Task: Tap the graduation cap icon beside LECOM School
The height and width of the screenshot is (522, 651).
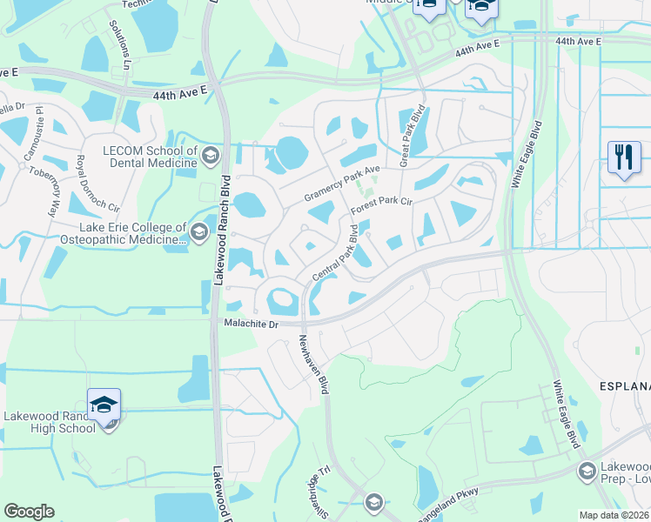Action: (209, 157)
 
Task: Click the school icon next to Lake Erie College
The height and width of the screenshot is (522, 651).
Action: (199, 231)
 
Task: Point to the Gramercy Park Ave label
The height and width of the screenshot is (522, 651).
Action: (342, 184)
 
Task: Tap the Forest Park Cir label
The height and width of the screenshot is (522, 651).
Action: (380, 206)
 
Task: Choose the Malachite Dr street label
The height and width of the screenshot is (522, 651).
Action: (250, 324)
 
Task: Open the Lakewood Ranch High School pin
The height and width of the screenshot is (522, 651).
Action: (104, 405)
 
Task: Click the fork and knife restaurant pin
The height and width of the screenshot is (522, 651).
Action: (624, 159)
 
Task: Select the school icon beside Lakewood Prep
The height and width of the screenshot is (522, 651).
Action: (587, 471)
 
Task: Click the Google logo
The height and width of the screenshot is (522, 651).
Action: (29, 512)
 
